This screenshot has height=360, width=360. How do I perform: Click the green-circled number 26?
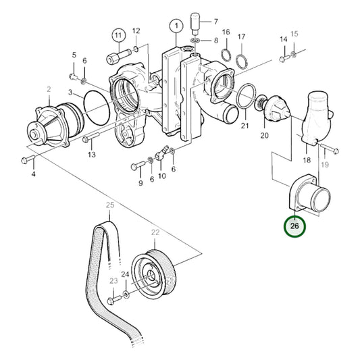point(294,226)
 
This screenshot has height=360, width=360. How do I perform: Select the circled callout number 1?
point(176,26)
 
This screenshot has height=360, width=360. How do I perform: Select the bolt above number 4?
point(27,160)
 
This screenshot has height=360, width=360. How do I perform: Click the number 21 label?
point(245,126)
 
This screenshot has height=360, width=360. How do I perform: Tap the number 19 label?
point(324,163)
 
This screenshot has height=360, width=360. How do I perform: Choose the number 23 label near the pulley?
point(113,281)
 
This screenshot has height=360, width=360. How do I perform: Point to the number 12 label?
point(136,30)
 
